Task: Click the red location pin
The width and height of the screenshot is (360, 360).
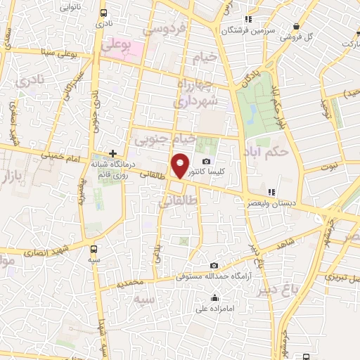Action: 181,165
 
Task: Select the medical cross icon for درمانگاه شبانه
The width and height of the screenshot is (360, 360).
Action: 112,153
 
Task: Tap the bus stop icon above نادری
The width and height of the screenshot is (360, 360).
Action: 104,13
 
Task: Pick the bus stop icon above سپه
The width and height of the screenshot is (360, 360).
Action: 95,247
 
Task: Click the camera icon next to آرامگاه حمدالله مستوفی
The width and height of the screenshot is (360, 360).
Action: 214,265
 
